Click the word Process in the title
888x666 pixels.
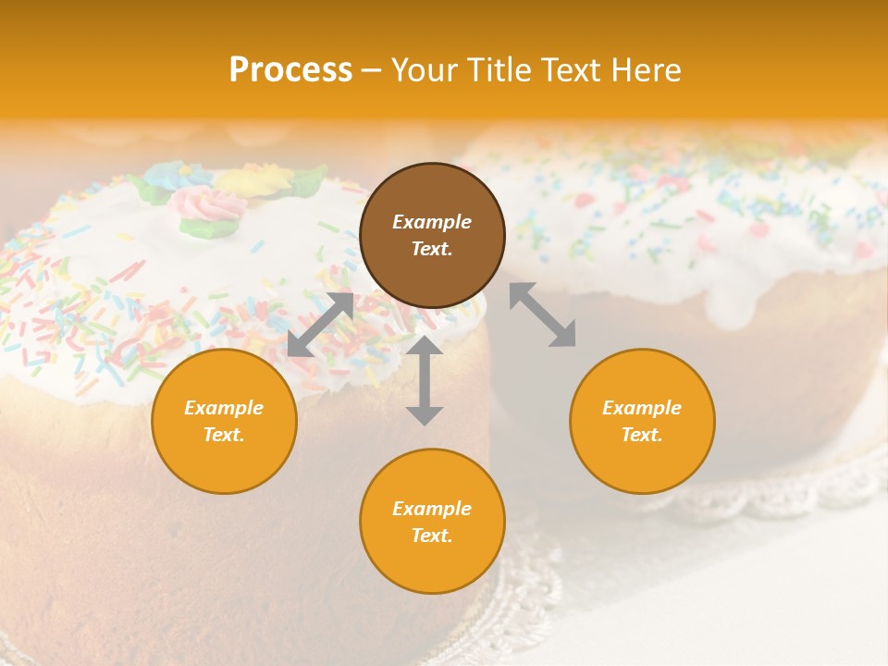click(x=290, y=69)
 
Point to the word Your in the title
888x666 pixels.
click(x=423, y=69)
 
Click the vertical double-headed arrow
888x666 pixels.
click(x=425, y=380)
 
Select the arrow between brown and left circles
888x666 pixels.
click(x=320, y=325)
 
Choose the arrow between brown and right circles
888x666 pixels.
click(x=542, y=314)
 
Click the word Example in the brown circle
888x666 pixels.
click(x=432, y=222)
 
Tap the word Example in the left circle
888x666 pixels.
click(x=224, y=408)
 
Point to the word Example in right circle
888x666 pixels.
click(x=642, y=408)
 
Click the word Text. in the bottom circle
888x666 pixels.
click(x=432, y=536)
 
